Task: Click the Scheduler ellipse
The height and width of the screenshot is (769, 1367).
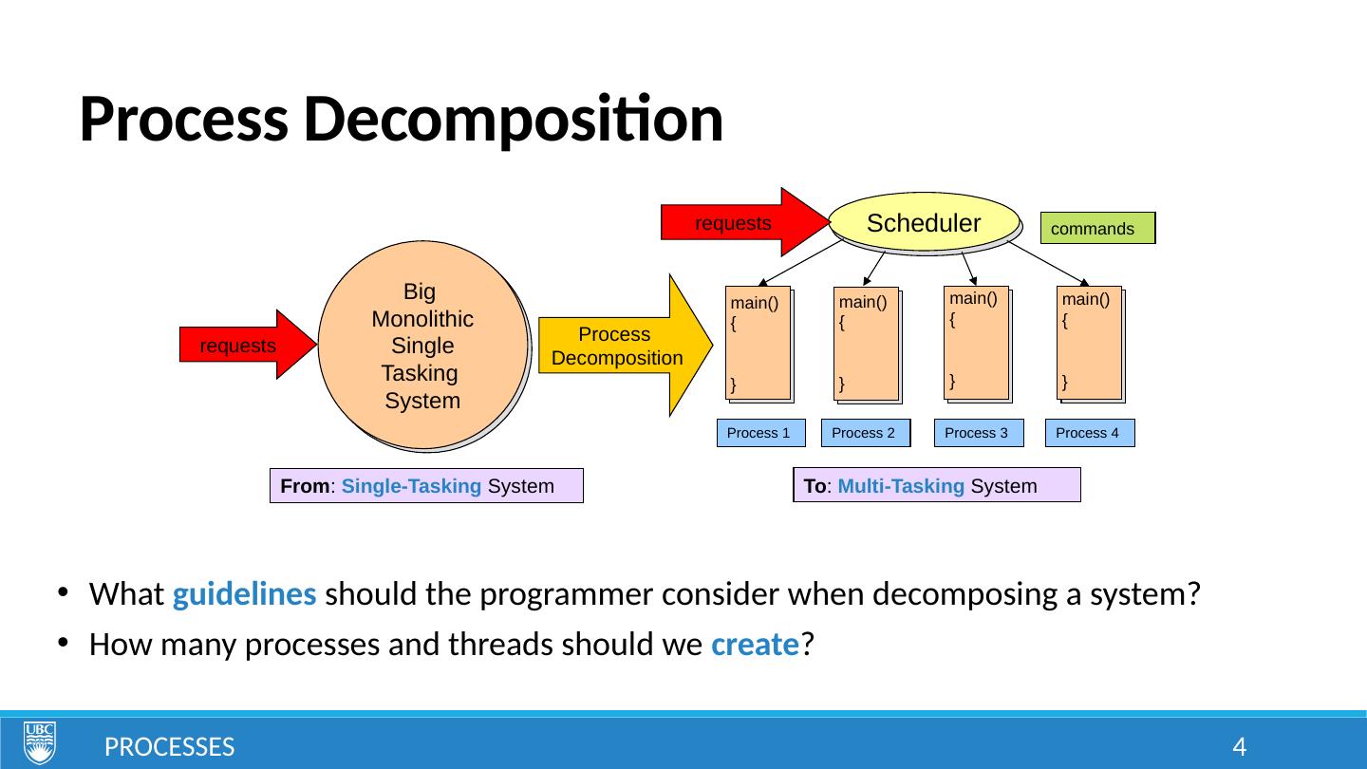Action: pyautogui.click(x=924, y=223)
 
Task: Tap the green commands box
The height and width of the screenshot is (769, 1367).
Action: pyautogui.click(x=1097, y=229)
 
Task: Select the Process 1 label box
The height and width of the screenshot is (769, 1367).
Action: pyautogui.click(x=760, y=433)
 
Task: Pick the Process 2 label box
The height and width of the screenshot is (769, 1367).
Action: pyautogui.click(x=865, y=433)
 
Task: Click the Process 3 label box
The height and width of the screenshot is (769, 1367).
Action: pyautogui.click(x=978, y=433)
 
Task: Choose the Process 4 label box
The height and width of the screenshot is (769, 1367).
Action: pyautogui.click(x=1089, y=433)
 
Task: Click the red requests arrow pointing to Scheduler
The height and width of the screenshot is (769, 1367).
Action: pyautogui.click(x=740, y=223)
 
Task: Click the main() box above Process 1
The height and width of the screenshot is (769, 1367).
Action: pyautogui.click(x=758, y=343)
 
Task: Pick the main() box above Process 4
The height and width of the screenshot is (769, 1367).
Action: pyautogui.click(x=1089, y=343)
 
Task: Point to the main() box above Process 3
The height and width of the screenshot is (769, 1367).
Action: pyautogui.click(x=976, y=343)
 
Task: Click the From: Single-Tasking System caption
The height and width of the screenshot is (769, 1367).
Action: pyautogui.click(x=425, y=486)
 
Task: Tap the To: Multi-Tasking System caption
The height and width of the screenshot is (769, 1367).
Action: pyautogui.click(x=937, y=485)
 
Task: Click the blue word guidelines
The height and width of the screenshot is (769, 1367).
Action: pyautogui.click(x=245, y=595)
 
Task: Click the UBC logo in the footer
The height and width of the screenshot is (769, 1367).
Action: pyautogui.click(x=40, y=742)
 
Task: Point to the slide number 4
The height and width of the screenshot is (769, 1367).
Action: pyautogui.click(x=1238, y=747)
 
